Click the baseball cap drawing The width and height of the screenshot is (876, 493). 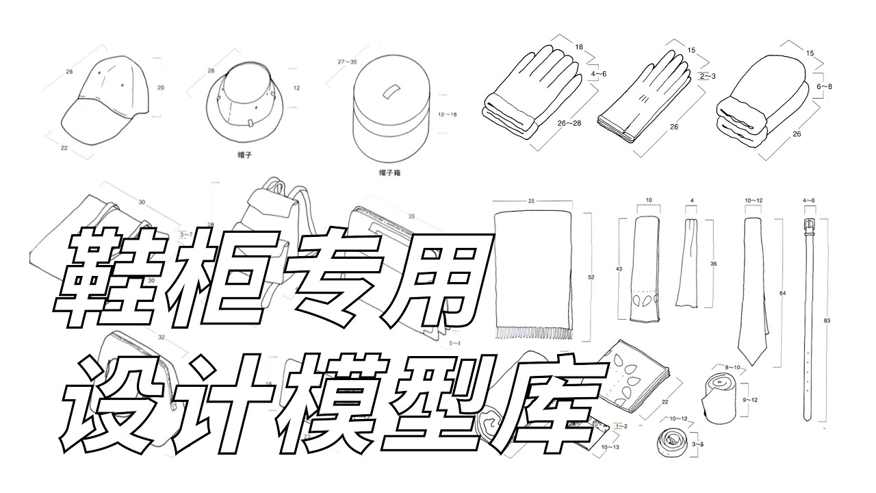(x=106, y=99)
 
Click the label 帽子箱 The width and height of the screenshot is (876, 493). (x=389, y=173)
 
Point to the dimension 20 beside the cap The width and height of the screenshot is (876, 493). (x=160, y=87)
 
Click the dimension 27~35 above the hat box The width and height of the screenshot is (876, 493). (x=348, y=62)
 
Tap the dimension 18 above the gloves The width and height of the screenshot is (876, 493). (x=579, y=47)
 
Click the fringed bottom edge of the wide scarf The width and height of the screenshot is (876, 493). (x=532, y=333)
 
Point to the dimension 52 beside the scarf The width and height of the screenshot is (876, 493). (x=590, y=277)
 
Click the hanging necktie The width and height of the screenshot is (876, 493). (x=753, y=288)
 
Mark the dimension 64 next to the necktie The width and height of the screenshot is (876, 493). (x=782, y=293)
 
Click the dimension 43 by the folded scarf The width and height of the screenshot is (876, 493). (x=620, y=270)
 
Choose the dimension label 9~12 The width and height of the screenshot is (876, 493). (x=749, y=399)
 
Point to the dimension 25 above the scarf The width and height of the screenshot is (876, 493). (x=531, y=201)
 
